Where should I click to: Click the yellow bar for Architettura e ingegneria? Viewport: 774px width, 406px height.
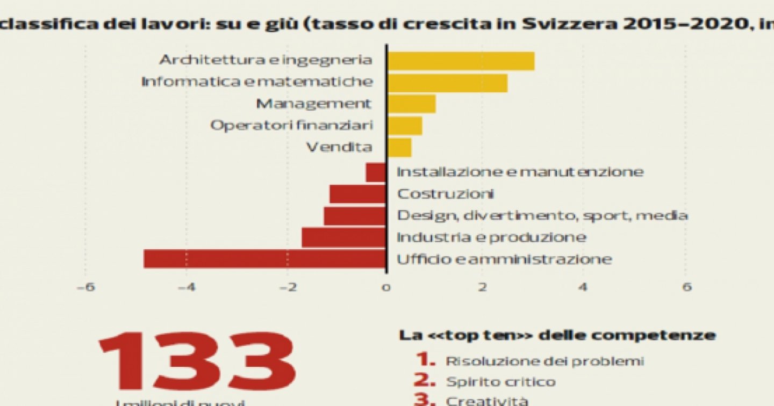[x=461, y=61]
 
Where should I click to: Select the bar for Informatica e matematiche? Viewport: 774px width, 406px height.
[x=448, y=83]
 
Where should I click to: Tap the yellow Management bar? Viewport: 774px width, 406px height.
[x=412, y=104]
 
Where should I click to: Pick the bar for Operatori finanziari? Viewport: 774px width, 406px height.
[x=405, y=126]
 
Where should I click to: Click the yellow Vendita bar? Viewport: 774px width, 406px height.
[x=399, y=147]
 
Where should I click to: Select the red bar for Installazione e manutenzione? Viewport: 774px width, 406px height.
[x=376, y=172]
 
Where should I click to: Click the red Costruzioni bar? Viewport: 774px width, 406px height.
[x=357, y=194]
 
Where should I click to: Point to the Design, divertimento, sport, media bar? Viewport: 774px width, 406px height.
[x=355, y=216]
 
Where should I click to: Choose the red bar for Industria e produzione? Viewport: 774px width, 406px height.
[x=343, y=237]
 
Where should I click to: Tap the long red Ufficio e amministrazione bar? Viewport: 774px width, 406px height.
[x=264, y=259]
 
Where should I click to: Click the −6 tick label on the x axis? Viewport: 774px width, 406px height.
[x=86, y=287]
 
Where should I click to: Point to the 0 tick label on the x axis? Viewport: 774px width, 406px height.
[x=386, y=287]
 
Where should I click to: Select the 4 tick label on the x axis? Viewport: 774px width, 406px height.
[x=583, y=287]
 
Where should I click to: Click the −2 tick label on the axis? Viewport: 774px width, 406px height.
[x=285, y=287]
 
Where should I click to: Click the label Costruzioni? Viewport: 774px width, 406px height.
[x=445, y=194]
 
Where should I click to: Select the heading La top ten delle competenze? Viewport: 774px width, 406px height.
[x=557, y=336]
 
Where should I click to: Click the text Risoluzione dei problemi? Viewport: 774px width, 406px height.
[x=544, y=361]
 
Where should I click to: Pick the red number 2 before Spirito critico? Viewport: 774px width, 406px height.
[x=424, y=381]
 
